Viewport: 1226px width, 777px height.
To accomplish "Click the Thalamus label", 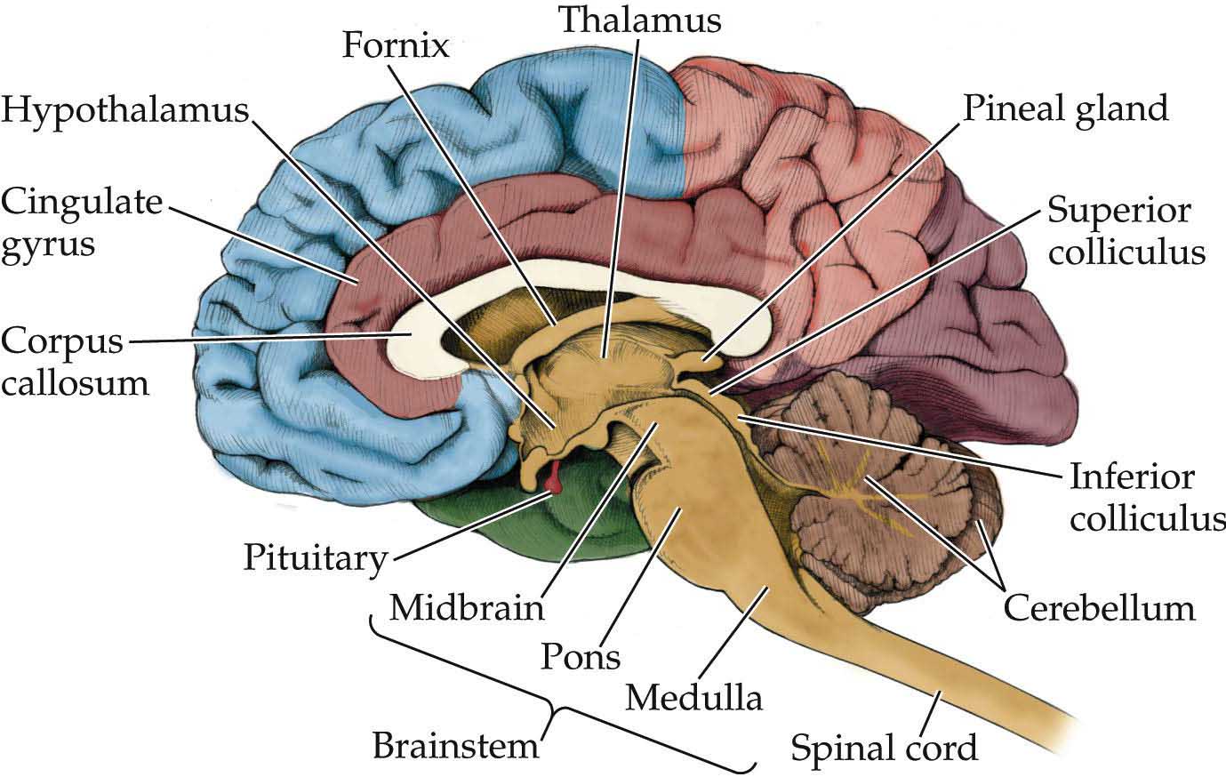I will coord(639,20).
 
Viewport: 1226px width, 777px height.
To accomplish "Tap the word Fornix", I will coord(397,44).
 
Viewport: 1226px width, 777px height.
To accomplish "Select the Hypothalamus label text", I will coord(124,112).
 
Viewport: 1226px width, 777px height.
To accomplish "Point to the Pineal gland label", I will coord(1065,109).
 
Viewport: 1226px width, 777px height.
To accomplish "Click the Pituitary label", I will coord(316,558).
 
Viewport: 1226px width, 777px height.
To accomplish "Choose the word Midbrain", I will coord(467,608).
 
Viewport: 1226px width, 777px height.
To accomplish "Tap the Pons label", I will coord(581,657).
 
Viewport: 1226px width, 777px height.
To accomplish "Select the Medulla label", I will coord(693,697).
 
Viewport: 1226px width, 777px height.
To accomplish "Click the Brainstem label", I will coord(455,745).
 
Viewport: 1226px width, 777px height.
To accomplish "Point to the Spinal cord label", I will coord(885,747).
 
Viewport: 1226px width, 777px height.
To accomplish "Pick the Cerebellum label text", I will coord(1099,608).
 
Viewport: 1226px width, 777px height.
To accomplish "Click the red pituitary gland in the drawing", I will coord(555,480).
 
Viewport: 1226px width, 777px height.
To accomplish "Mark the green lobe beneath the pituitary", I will coord(551,525).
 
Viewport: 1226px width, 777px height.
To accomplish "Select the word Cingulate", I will coord(82,203).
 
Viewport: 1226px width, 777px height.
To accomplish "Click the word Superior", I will coord(1118,212).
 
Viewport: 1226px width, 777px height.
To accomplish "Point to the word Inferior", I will coord(1132,477).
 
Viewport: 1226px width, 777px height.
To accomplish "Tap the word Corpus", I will coord(62,340).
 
